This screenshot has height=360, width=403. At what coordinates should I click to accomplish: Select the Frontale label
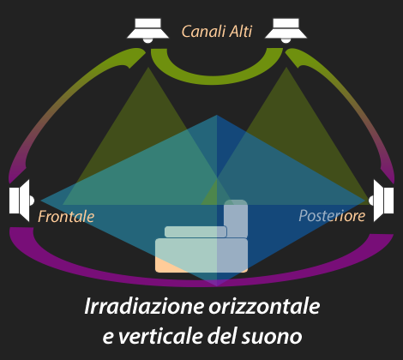click(66, 216)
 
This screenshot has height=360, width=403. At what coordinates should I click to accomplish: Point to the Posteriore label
click(332, 216)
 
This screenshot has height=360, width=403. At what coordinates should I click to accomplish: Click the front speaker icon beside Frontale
click(21, 201)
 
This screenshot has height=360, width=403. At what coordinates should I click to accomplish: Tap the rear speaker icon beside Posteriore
click(382, 201)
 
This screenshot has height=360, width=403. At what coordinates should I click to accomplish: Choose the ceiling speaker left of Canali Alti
click(147, 31)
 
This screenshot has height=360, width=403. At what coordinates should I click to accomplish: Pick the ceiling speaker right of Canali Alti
click(286, 31)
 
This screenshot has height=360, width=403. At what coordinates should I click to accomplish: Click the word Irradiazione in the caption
click(144, 306)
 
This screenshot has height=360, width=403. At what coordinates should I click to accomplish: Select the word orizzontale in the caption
click(264, 306)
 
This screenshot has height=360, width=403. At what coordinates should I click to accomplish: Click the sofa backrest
click(236, 219)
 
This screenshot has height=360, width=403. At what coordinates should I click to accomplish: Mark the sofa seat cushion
click(195, 231)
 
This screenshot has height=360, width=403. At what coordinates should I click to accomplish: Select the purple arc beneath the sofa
click(216, 281)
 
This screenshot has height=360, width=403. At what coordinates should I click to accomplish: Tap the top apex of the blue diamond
click(217, 115)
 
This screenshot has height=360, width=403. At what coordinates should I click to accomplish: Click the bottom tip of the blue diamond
click(217, 286)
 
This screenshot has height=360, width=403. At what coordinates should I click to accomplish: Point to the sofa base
click(201, 255)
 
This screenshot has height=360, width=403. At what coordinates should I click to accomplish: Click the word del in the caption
click(222, 336)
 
